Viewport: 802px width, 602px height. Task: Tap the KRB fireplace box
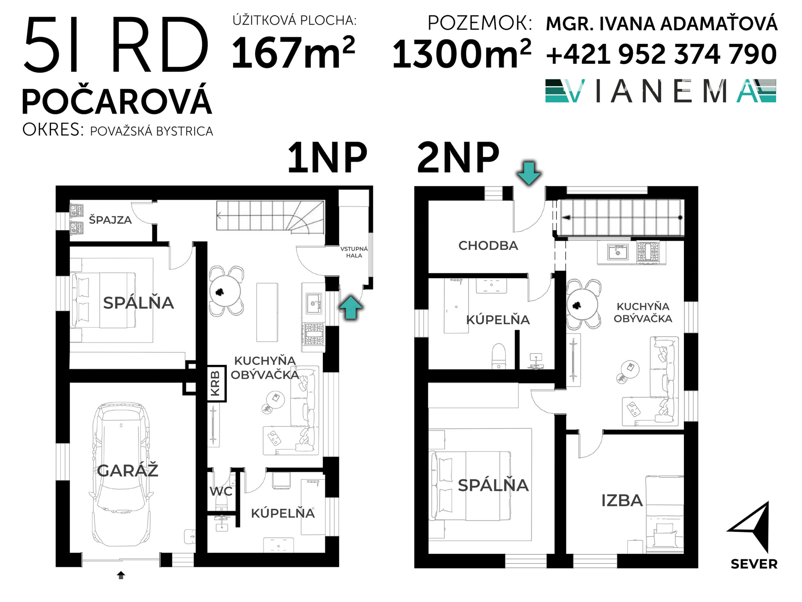216,383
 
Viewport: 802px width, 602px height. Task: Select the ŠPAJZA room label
110,220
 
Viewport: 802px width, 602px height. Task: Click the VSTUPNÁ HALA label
354,252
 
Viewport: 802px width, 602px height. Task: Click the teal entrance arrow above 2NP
529,173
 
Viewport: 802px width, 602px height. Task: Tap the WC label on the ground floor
221,491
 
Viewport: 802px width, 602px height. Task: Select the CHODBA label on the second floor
488,246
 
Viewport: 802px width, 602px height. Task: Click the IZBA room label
622,501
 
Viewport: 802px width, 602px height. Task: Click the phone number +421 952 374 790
661,54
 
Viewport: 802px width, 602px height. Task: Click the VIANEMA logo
661,91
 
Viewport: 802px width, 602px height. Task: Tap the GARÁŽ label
127,471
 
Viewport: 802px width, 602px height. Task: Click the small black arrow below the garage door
121,575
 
